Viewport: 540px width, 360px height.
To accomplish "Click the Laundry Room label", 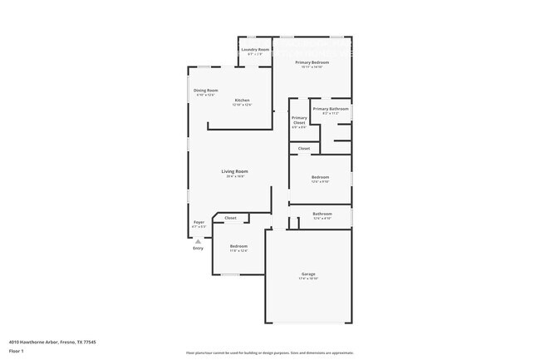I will pos(255,50).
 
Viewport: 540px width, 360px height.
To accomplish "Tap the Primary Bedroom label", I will pos(312,63).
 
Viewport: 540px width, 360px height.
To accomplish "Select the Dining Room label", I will pos(206,90).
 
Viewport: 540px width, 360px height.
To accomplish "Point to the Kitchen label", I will pos(241,101).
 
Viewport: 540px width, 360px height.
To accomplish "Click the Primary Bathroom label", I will pos(331,109).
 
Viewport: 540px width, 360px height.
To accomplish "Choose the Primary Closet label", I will pos(299,120).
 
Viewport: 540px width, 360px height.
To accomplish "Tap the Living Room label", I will pos(235,171).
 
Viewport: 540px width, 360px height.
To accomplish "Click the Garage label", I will pos(308,274).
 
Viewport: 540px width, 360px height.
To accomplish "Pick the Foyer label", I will pos(199,222).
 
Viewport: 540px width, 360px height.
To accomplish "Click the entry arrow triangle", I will pos(198,241).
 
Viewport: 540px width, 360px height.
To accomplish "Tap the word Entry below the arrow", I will pos(198,249).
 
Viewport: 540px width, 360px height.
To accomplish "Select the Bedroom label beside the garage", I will pos(238,246).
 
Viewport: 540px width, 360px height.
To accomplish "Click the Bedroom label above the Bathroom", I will pos(321,177).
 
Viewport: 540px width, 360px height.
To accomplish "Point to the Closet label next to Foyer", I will pos(230,218).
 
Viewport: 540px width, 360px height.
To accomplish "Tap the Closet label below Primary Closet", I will pos(304,148).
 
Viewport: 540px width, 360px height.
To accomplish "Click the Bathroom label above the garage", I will pos(322,214).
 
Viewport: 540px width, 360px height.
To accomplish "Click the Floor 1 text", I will pos(16,352).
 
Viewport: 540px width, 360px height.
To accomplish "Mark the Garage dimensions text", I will pos(308,279).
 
